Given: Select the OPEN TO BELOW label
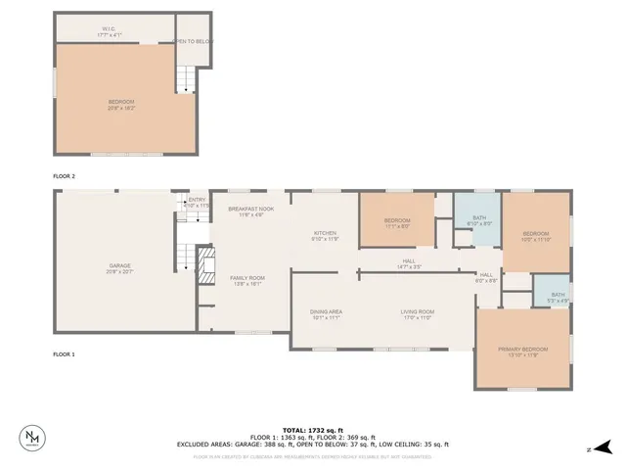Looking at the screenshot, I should (x=193, y=41).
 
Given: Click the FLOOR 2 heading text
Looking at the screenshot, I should (x=64, y=175).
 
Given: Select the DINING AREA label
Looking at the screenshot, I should (x=325, y=314).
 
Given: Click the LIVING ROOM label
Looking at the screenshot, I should (x=417, y=314).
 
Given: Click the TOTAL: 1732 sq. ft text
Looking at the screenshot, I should (x=313, y=430).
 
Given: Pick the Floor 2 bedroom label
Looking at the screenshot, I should (x=121, y=103).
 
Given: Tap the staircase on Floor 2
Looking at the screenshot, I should (x=184, y=78).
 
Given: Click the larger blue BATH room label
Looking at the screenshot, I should (x=479, y=220).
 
